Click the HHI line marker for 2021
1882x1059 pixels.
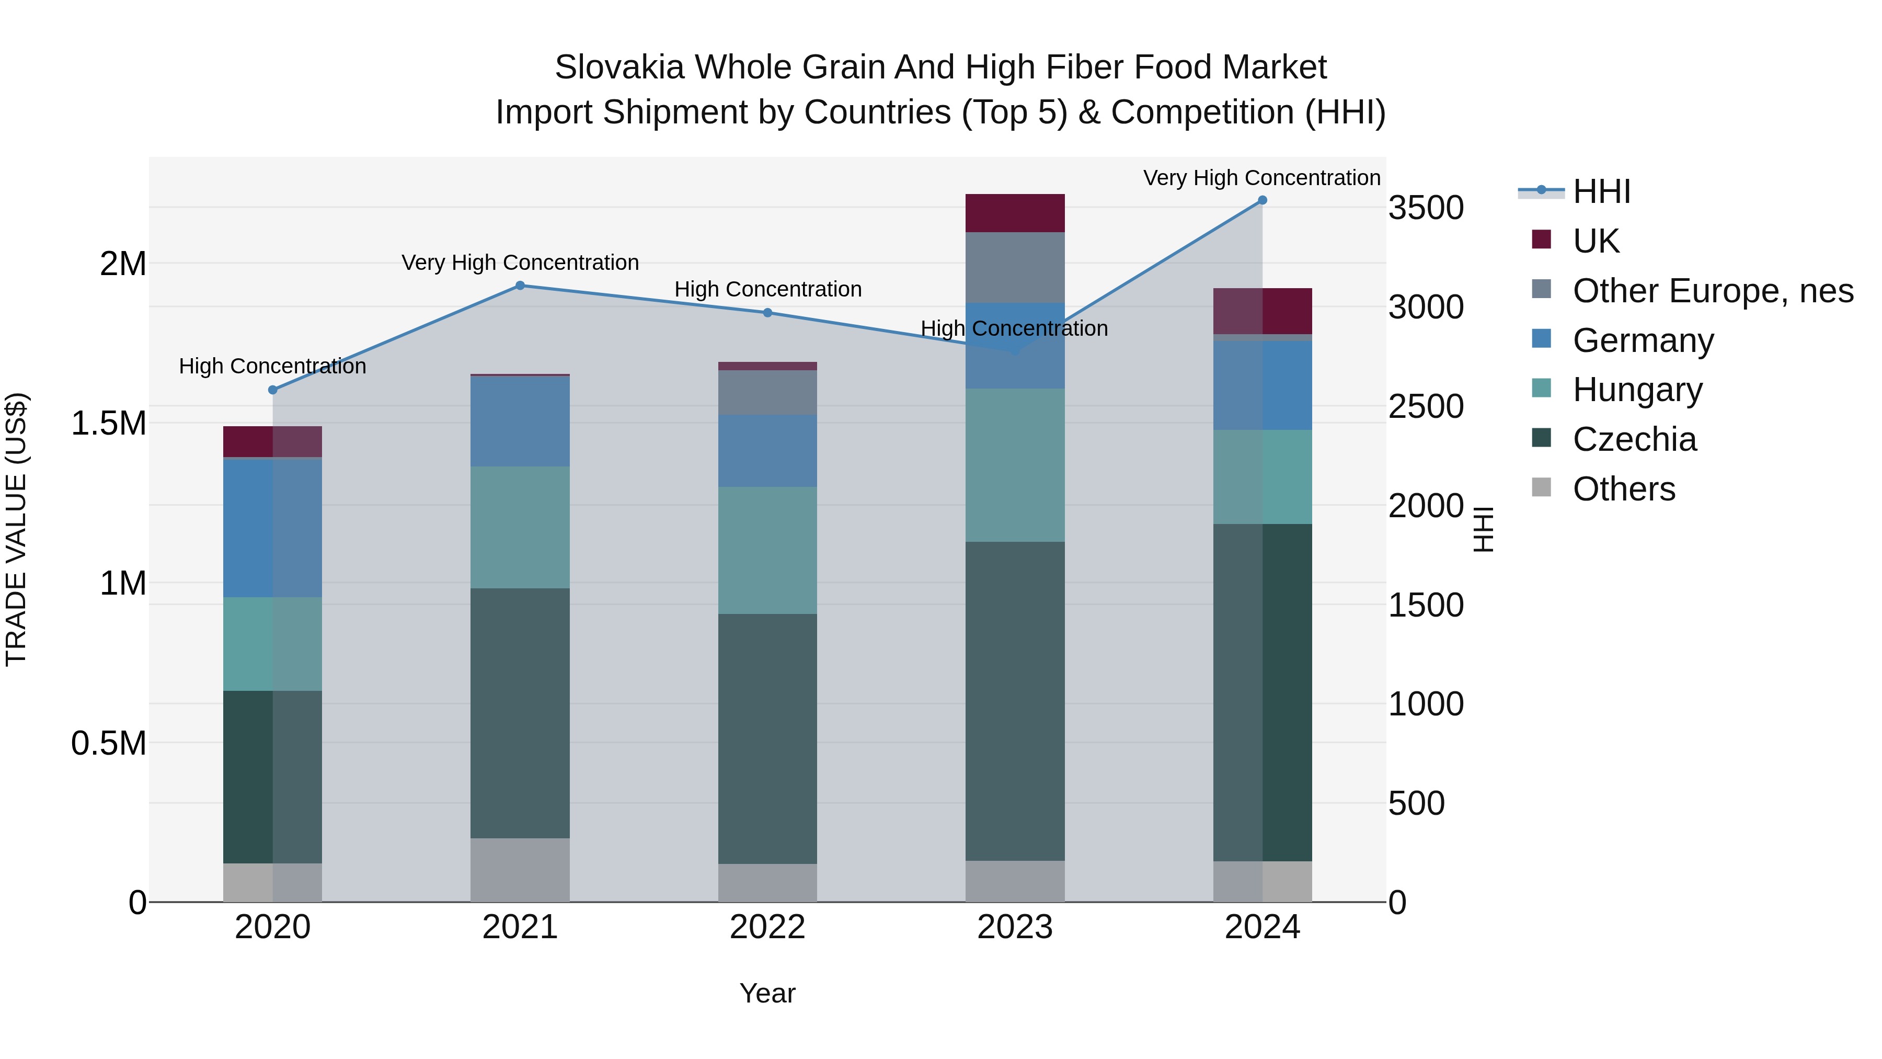520,286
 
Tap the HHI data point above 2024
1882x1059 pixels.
1263,200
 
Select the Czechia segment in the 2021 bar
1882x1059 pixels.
520,713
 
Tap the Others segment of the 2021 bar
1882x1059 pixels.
520,870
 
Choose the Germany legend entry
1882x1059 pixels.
1643,340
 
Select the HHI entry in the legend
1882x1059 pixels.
1601,191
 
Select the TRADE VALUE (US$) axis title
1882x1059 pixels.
16,529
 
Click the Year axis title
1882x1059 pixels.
767,993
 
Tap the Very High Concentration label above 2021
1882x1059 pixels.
520,263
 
